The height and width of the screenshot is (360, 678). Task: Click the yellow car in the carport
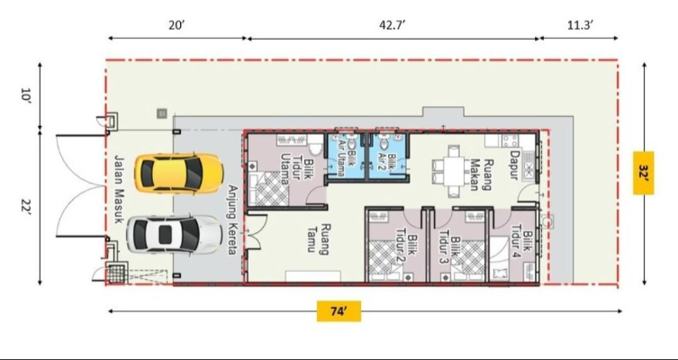178,174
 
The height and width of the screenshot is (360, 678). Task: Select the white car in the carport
175,234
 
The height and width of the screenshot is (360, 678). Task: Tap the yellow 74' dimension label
339,311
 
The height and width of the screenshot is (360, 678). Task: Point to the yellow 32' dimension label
644,173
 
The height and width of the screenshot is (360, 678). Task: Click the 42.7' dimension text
393,25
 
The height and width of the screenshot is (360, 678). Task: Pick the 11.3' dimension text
580,25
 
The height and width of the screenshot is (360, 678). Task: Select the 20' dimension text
176,25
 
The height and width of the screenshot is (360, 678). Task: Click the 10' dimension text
26,94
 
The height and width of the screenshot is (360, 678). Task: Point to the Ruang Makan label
480,175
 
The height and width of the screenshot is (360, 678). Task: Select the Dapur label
514,165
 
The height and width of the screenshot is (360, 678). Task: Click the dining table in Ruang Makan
454,172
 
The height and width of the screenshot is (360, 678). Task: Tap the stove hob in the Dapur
511,141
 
